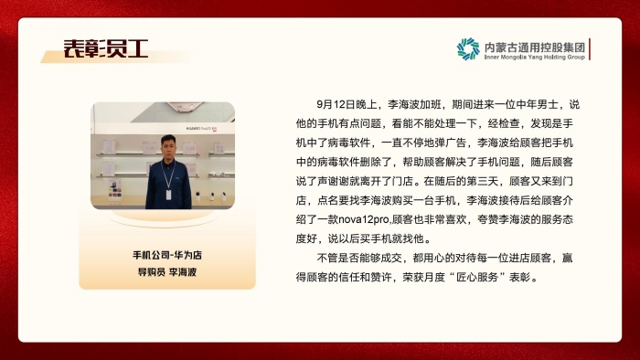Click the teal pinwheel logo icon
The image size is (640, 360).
[468, 48]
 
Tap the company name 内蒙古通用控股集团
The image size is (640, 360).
[534, 44]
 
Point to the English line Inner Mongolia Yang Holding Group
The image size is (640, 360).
[534, 57]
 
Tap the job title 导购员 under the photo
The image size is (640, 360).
[151, 271]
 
